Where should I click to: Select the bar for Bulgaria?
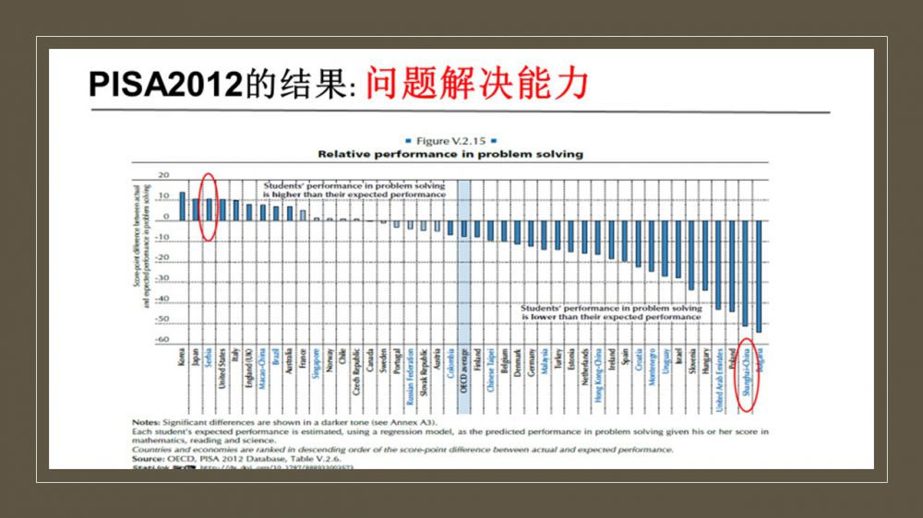[x=759, y=276]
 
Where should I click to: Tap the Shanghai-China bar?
[x=745, y=273]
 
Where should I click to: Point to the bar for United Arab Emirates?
[x=718, y=265]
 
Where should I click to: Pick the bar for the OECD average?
[x=464, y=228]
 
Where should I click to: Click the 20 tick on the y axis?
[x=164, y=175]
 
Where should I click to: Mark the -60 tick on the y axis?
[x=162, y=340]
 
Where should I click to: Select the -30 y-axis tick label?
[x=162, y=278]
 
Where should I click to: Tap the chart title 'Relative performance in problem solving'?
[x=450, y=154]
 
